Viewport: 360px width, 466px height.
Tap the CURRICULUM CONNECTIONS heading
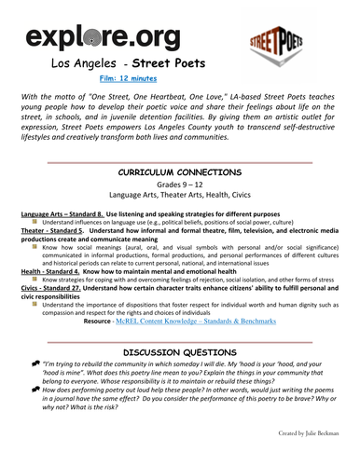pyautogui.click(x=180, y=173)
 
